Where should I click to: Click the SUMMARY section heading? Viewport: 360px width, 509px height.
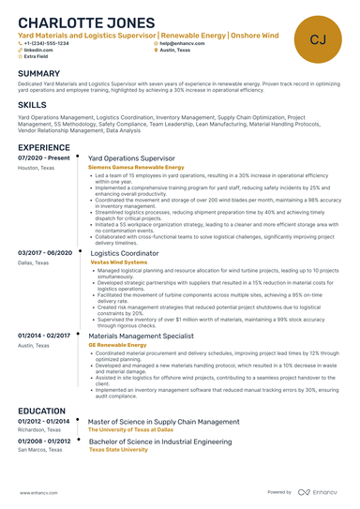(x=39, y=73)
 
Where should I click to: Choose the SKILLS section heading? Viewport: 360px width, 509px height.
(x=33, y=106)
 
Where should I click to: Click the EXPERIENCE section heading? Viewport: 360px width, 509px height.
(x=43, y=147)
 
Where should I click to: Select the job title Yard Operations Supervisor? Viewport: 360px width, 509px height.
(x=134, y=158)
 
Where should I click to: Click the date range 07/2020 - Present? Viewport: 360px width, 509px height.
(x=44, y=158)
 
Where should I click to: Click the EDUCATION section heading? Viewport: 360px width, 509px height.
(x=42, y=411)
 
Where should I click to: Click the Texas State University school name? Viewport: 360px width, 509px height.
(x=118, y=449)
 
